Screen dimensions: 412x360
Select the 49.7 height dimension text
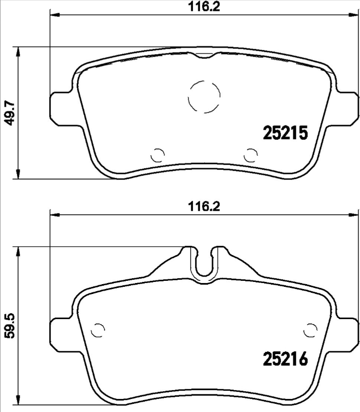8,113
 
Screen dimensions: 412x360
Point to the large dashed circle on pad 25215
204,97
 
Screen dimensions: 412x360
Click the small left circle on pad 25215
157,155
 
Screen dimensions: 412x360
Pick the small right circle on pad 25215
251,155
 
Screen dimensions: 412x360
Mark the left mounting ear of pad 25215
60,107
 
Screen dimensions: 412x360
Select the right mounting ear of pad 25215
346,107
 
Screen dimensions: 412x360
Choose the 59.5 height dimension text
8,327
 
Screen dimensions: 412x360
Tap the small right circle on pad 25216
311,331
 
